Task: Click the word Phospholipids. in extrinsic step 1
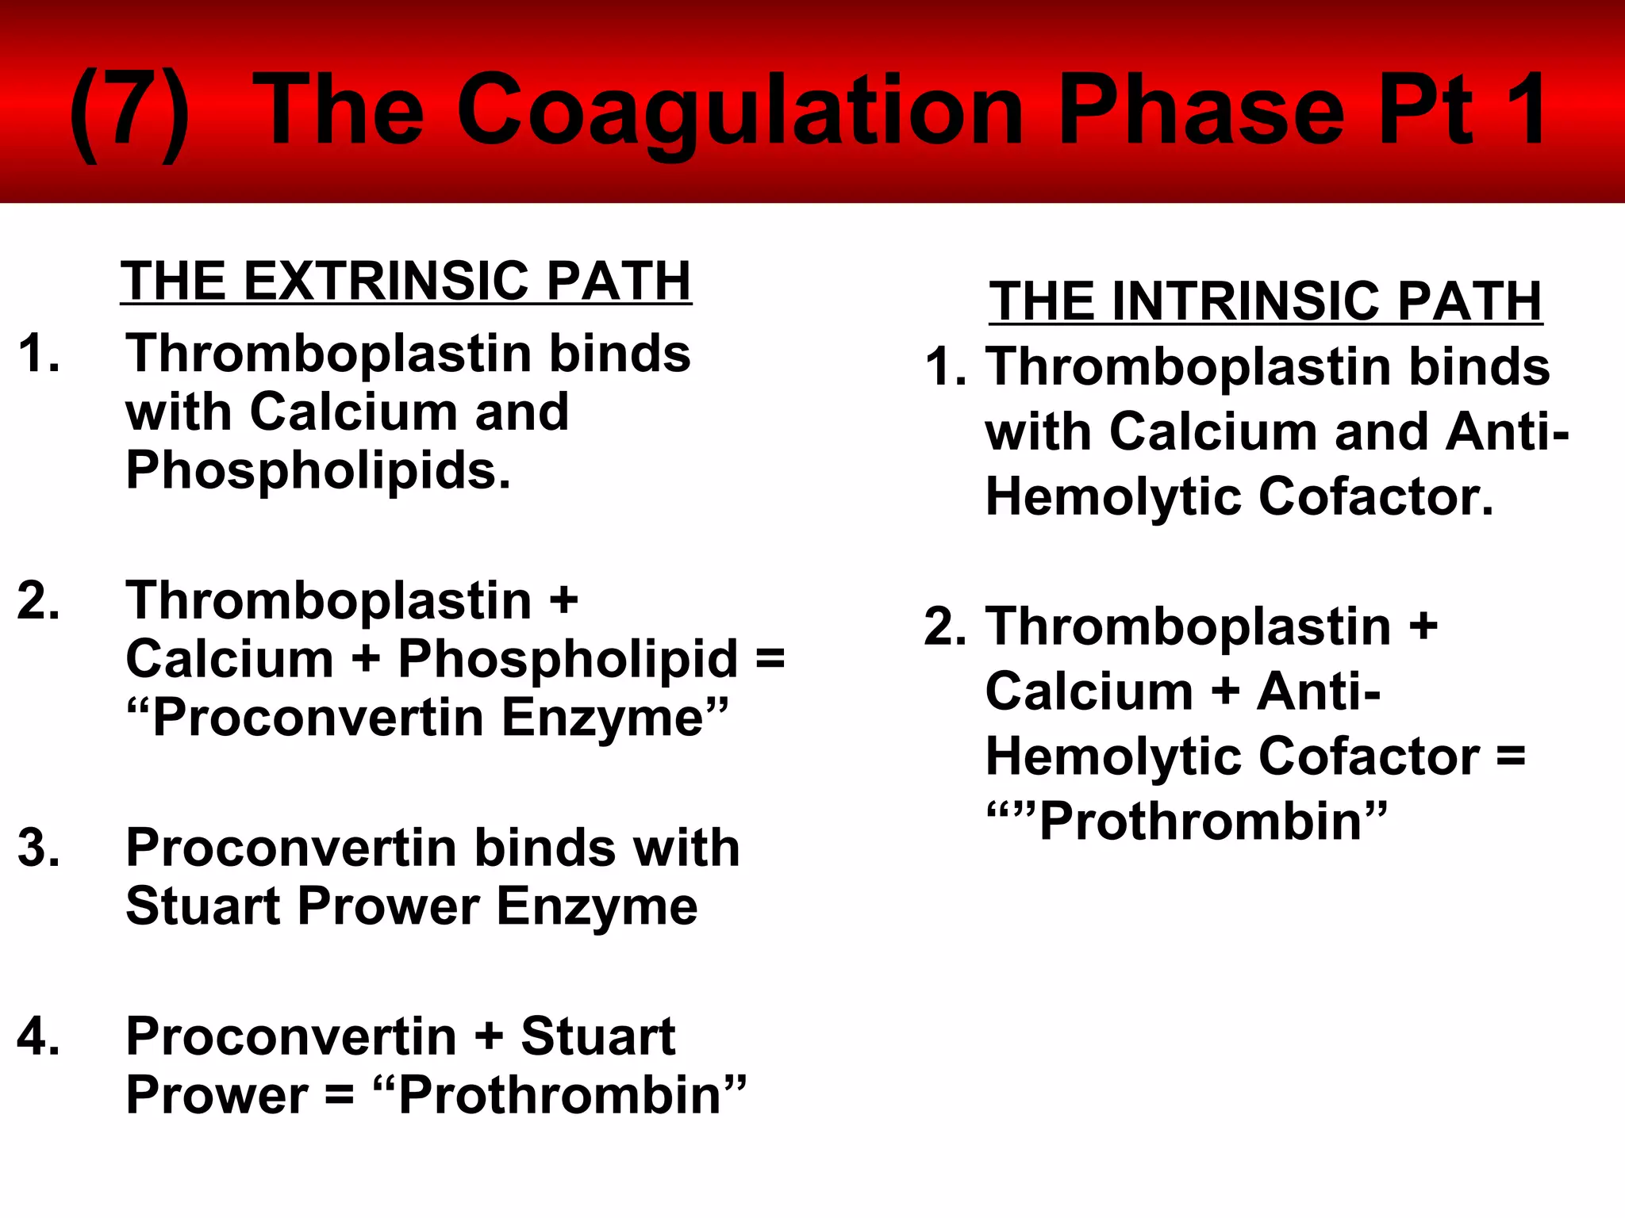click(x=318, y=470)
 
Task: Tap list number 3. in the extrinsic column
click(x=38, y=847)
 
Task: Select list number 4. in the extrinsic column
click(x=38, y=1036)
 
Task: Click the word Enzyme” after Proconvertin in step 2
click(x=615, y=718)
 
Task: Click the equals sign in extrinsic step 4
click(x=340, y=1096)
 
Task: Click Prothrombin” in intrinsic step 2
click(x=1213, y=821)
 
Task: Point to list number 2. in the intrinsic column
click(x=945, y=626)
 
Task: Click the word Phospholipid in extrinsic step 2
click(x=568, y=659)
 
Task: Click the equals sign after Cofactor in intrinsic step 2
click(x=1510, y=756)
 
